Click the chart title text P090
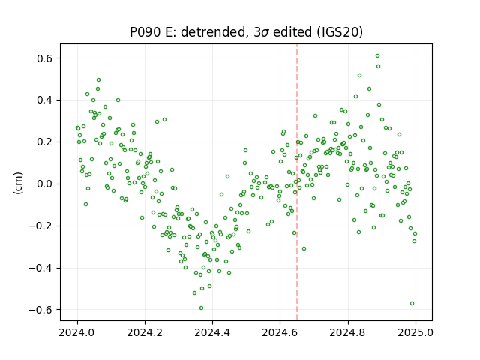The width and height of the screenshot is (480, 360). point(145,32)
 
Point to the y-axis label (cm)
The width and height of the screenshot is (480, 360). point(18,183)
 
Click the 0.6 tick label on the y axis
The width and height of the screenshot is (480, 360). point(45,58)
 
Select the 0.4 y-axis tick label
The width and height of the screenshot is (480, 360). point(45,100)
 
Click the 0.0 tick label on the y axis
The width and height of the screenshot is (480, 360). point(45,184)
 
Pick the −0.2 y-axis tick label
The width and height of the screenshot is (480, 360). point(41,226)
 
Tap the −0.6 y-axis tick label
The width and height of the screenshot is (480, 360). point(41,310)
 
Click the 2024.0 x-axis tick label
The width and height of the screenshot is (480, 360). point(77,332)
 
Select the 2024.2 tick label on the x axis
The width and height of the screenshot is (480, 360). point(145,332)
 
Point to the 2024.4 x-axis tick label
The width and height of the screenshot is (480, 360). point(212,332)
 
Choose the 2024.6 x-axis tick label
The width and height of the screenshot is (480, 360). point(280,332)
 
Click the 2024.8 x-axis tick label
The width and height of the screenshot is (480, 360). point(347,332)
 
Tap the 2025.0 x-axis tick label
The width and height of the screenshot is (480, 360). point(415,332)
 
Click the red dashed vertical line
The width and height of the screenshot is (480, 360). point(297,182)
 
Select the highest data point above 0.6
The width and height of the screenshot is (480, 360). point(378,56)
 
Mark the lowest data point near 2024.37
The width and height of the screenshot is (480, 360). point(201,308)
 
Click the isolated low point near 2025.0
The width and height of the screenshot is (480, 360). point(412,303)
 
